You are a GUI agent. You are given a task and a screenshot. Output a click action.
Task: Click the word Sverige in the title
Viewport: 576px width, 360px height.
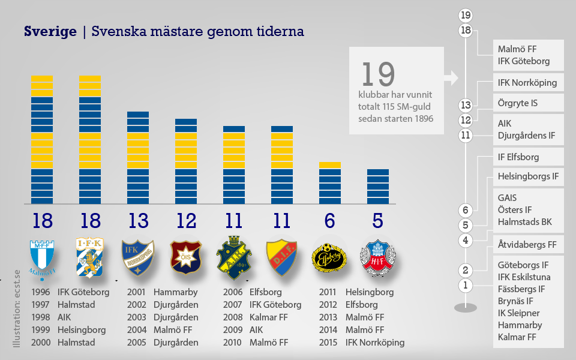pyautogui.click(x=50, y=31)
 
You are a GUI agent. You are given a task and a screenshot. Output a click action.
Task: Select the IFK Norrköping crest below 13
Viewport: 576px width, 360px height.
pyautogui.click(x=137, y=257)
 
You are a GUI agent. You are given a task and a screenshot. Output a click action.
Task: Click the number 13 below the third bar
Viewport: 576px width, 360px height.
pyautogui.click(x=138, y=221)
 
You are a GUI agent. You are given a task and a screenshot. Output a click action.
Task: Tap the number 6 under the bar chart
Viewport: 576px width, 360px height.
pyautogui.click(x=329, y=221)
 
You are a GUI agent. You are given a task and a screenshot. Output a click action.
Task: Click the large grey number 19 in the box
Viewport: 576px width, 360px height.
pyautogui.click(x=378, y=74)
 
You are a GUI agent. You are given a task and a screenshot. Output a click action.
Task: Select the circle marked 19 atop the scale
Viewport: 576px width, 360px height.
pyautogui.click(x=466, y=15)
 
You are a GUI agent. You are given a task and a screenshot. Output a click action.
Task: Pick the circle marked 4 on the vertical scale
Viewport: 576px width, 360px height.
pyautogui.click(x=466, y=241)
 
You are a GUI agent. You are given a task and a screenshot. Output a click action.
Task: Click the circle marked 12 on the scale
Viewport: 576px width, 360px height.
pyautogui.click(x=466, y=120)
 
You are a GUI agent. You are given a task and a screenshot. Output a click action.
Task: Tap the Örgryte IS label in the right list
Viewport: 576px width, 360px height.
pyautogui.click(x=518, y=103)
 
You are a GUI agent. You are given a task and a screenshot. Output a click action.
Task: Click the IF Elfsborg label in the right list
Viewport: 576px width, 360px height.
pyautogui.click(x=518, y=157)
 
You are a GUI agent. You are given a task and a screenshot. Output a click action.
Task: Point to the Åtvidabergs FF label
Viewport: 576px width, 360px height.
pyautogui.click(x=527, y=245)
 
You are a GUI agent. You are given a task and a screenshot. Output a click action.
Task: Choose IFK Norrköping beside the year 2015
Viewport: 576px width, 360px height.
pyautogui.click(x=374, y=343)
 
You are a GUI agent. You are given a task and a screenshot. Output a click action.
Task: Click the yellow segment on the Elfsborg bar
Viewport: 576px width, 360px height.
pyautogui.click(x=329, y=165)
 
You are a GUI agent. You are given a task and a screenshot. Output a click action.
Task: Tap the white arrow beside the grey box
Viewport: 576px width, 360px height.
pyautogui.click(x=451, y=77)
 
